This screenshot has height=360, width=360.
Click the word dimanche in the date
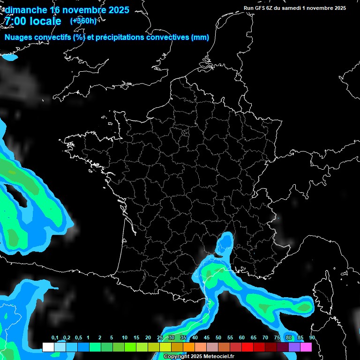pyautogui.click(x=26, y=10)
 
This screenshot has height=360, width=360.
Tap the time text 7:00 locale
pyautogui.click(x=33, y=21)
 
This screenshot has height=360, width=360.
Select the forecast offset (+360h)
pyautogui.click(x=83, y=21)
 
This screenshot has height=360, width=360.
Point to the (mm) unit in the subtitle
pyautogui.click(x=200, y=37)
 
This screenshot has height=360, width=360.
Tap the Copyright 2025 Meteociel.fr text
pyautogui.click(x=199, y=357)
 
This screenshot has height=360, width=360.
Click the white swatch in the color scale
pyautogui.click(x=48, y=347)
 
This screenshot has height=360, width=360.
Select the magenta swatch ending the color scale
pyautogui.click(x=306, y=347)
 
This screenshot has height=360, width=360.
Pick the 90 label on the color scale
pyautogui.click(x=312, y=338)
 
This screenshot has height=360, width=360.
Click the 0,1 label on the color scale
pyautogui.click(x=54, y=338)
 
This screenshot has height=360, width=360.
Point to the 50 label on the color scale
pyautogui.click(x=218, y=338)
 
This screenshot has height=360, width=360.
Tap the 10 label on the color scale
pyautogui.click(x=124, y=338)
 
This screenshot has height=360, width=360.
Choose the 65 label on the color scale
pyautogui.click(x=254, y=338)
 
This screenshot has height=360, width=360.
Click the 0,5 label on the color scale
pyautogui.click(x=78, y=338)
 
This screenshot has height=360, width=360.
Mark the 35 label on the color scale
pyautogui.click(x=183, y=338)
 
